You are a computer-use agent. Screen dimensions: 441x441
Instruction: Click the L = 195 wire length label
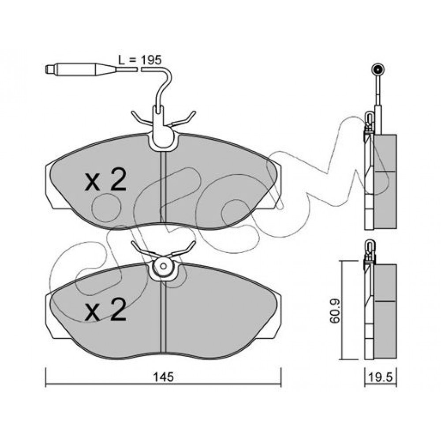140,60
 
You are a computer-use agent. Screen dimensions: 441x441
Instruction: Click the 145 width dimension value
164,377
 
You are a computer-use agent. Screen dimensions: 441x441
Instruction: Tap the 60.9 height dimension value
335,311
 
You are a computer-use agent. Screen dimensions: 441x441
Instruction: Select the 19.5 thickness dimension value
380,377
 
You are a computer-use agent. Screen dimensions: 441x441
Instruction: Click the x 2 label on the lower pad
105,310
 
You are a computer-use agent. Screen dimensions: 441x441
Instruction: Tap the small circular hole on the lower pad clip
164,266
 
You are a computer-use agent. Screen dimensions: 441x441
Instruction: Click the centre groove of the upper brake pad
164,187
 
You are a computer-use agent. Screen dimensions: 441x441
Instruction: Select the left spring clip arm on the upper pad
142,119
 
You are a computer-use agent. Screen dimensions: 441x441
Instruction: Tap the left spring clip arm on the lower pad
142,249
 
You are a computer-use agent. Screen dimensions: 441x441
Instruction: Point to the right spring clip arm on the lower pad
183,249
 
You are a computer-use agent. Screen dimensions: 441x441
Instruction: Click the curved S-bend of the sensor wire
164,87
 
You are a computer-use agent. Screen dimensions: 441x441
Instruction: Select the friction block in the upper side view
385,181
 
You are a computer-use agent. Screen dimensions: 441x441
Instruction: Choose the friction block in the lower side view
385,311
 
